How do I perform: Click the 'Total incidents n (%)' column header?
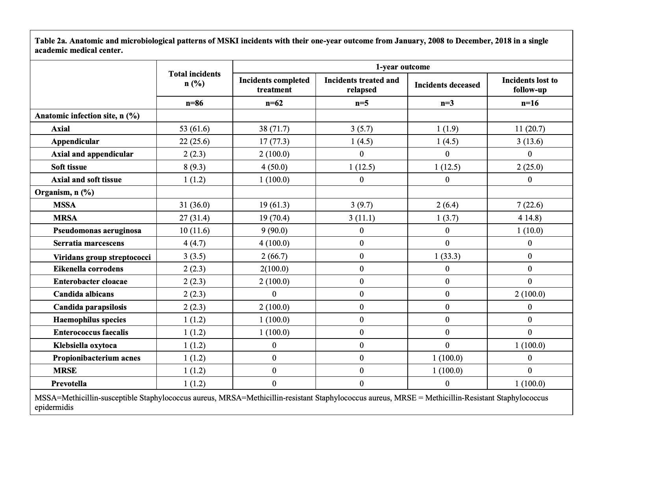(x=195, y=79)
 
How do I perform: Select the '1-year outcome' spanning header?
(x=402, y=67)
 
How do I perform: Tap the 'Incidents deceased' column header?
(x=447, y=85)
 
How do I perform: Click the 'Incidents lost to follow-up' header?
(x=529, y=85)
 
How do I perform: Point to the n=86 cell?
(x=195, y=103)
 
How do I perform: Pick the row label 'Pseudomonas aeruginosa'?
(x=97, y=230)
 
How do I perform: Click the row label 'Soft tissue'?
(x=69, y=167)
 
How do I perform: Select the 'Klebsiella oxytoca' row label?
(x=85, y=345)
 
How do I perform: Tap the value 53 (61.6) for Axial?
(x=195, y=129)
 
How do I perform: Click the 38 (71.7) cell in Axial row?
(x=274, y=129)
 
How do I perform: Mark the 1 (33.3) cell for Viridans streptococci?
(x=447, y=256)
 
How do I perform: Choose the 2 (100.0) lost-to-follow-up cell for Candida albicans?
(x=529, y=294)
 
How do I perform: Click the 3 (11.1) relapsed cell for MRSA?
(x=361, y=218)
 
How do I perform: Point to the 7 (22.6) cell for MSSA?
(x=529, y=205)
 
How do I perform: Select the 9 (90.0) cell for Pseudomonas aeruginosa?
(x=274, y=230)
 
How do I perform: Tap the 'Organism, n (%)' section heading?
(x=65, y=192)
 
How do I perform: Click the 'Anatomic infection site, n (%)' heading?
(x=87, y=116)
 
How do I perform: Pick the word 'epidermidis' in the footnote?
(x=54, y=407)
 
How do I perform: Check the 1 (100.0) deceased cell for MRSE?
(x=447, y=370)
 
